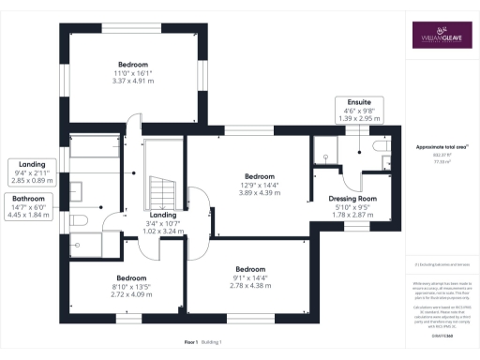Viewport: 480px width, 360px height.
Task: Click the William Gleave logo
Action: click(440, 37)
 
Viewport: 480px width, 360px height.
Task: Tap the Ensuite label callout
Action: click(358, 110)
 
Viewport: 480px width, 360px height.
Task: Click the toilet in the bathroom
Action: click(79, 220)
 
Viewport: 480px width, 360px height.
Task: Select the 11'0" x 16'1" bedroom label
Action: click(132, 74)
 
